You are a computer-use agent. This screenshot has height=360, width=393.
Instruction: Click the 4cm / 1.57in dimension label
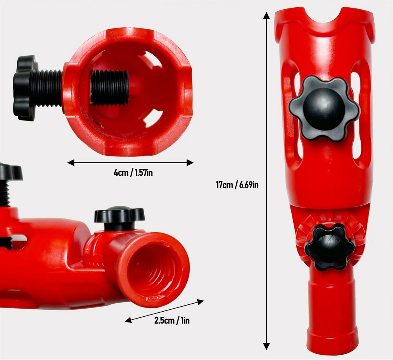click(133, 173)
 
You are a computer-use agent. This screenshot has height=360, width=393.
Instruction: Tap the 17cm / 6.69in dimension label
click(237, 185)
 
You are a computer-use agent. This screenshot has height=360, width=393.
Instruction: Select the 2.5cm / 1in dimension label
click(172, 320)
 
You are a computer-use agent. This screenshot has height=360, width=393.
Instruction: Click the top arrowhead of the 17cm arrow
click(266, 15)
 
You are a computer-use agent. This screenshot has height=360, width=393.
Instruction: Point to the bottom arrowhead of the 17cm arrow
click(266, 346)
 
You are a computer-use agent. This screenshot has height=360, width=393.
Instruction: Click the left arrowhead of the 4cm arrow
click(71, 163)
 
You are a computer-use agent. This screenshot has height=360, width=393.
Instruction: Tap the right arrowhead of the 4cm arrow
click(190, 163)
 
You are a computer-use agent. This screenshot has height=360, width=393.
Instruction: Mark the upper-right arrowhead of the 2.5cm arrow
click(200, 302)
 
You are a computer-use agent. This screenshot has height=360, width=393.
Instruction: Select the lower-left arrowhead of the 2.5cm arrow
click(129, 320)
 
